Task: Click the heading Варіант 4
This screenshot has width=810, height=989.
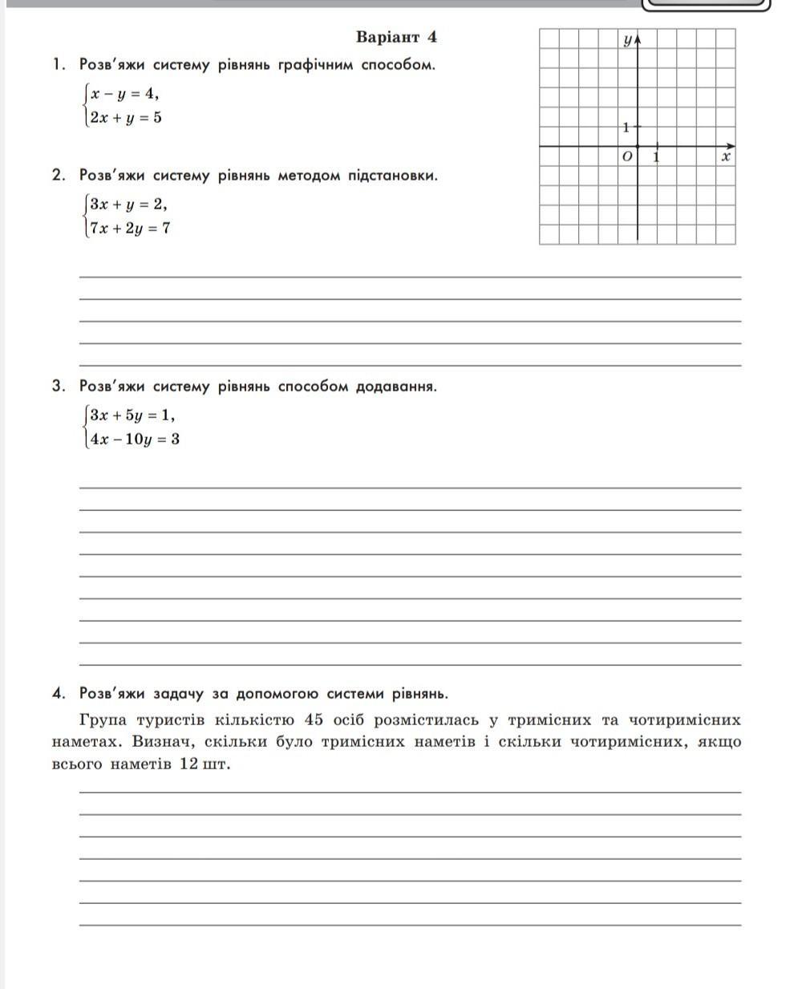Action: tap(396, 37)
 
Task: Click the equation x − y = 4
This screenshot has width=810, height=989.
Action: tap(124, 93)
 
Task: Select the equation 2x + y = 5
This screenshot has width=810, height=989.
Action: tap(126, 117)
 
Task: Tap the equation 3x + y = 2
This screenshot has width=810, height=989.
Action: tap(128, 203)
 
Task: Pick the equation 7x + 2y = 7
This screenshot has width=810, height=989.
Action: tap(130, 228)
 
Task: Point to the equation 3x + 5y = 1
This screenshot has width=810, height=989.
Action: tap(132, 415)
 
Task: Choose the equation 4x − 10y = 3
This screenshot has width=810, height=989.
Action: tap(135, 439)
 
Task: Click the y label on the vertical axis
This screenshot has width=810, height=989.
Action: tap(626, 39)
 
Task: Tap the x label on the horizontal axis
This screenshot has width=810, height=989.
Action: tap(725, 156)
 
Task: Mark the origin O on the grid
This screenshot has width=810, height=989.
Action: tap(627, 156)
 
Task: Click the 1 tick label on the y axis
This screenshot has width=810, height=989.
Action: tap(626, 127)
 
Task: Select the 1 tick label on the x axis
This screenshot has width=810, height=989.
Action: tap(657, 156)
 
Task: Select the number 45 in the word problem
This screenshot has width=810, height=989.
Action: tap(314, 719)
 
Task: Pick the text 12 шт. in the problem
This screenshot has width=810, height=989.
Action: tap(205, 764)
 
